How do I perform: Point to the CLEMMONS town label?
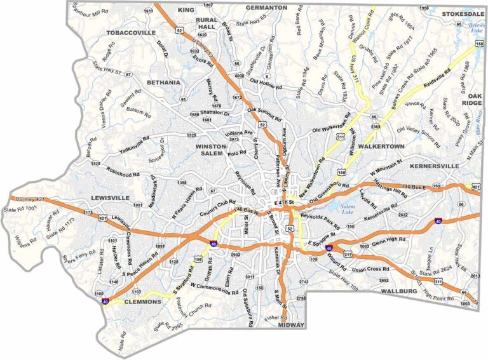[142, 302]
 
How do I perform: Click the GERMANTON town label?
[267, 8]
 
